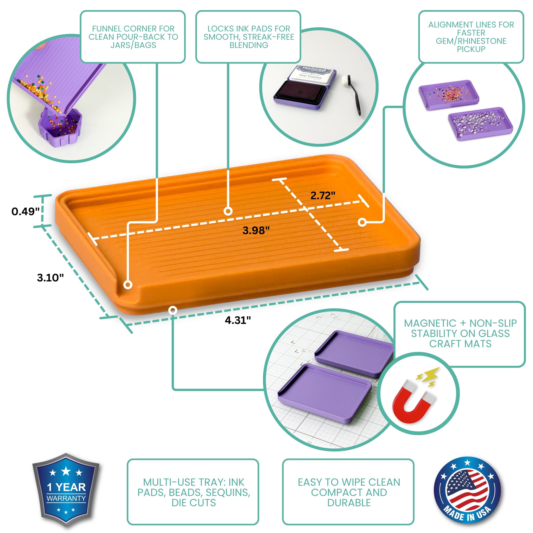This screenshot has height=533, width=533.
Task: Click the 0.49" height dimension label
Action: pyautogui.click(x=25, y=211)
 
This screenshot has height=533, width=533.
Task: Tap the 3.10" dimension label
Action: pyautogui.click(x=50, y=277)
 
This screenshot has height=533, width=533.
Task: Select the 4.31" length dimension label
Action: pyautogui.click(x=238, y=320)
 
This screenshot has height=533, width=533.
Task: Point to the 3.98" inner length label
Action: pyautogui.click(x=256, y=230)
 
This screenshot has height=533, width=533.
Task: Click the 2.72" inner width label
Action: pyautogui.click(x=323, y=195)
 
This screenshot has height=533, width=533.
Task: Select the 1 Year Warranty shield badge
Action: pyautogui.click(x=66, y=490)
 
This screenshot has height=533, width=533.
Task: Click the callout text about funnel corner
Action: pyautogui.click(x=133, y=37)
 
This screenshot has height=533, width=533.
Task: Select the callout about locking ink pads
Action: pyautogui.click(x=249, y=37)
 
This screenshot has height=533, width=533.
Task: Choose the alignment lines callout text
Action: pyautogui.click(x=471, y=37)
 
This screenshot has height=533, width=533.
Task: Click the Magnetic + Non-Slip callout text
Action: pyautogui.click(x=460, y=333)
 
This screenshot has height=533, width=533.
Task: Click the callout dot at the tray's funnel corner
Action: pyautogui.click(x=128, y=285)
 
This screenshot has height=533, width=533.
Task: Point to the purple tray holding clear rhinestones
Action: pyautogui.click(x=480, y=123)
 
